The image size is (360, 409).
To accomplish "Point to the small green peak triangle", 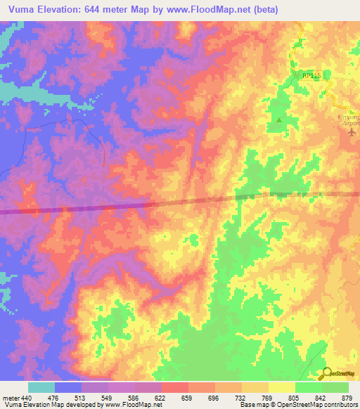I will [x=279, y=120].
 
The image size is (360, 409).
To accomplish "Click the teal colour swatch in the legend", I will [x=41, y=387].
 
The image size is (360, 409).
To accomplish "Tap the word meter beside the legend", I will [x=10, y=398].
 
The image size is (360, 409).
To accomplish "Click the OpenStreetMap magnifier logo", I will [x=326, y=373].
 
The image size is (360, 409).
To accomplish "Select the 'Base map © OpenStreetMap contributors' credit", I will [x=297, y=405].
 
